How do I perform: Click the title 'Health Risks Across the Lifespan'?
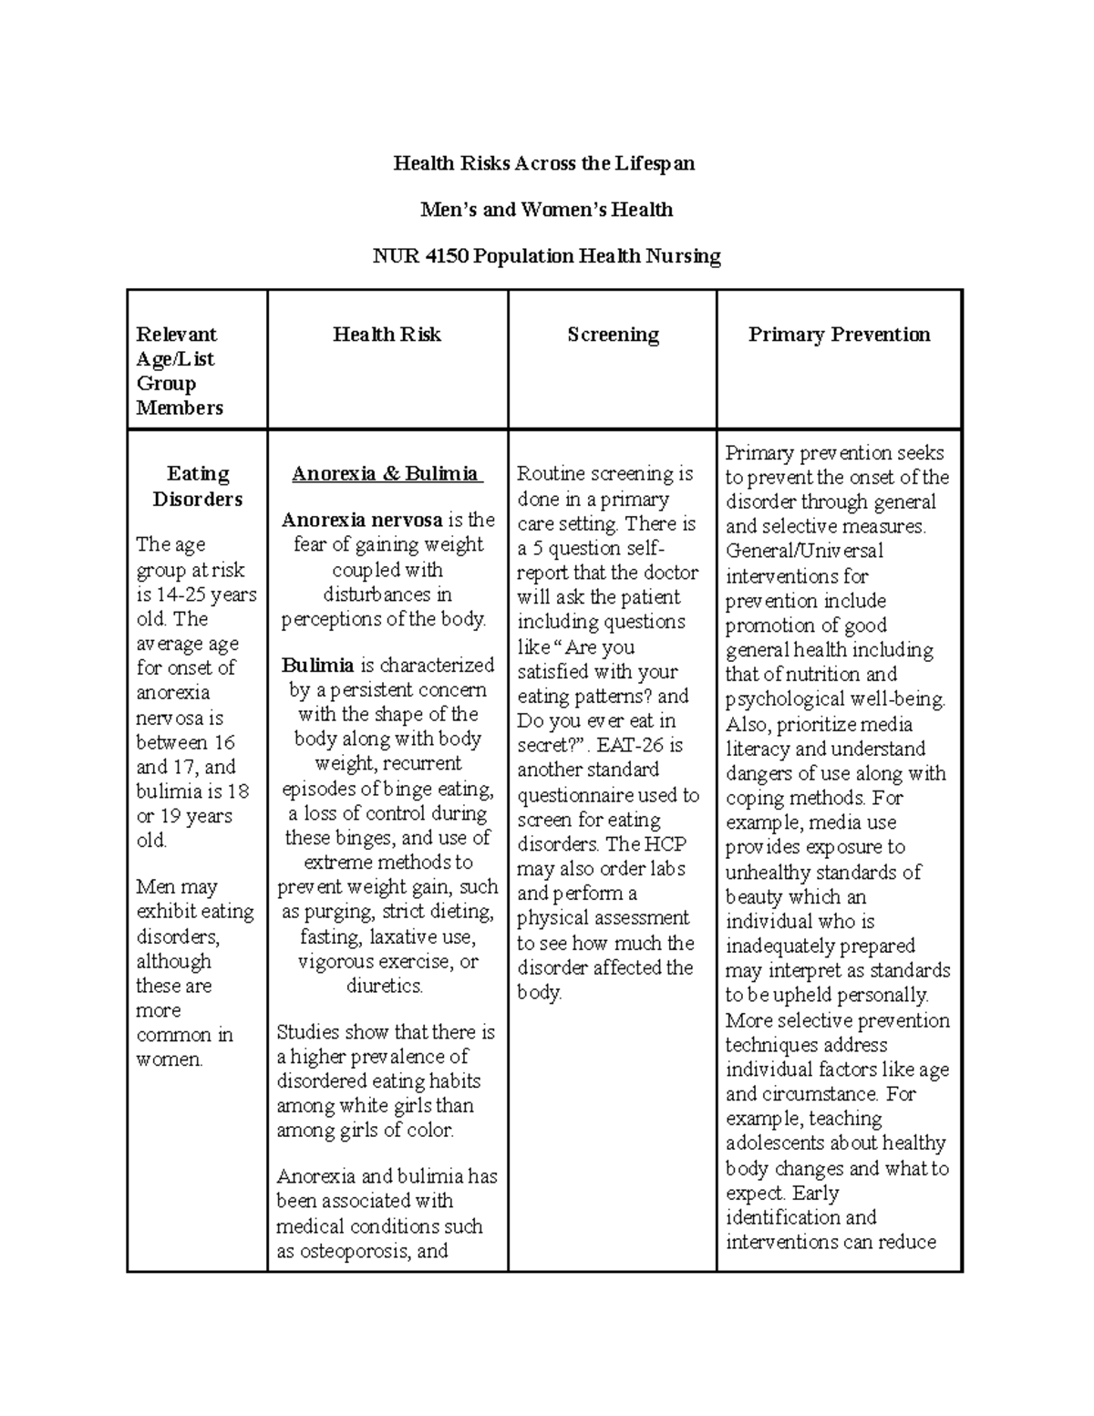(543, 163)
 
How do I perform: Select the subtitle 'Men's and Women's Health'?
(546, 210)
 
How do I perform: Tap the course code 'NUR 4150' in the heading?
(419, 256)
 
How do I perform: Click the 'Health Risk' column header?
(387, 335)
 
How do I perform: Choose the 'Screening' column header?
(613, 335)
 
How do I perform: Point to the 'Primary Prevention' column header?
(839, 335)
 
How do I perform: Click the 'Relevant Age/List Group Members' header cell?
(180, 371)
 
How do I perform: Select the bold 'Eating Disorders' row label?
(198, 486)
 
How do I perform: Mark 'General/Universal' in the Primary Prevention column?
(804, 552)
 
